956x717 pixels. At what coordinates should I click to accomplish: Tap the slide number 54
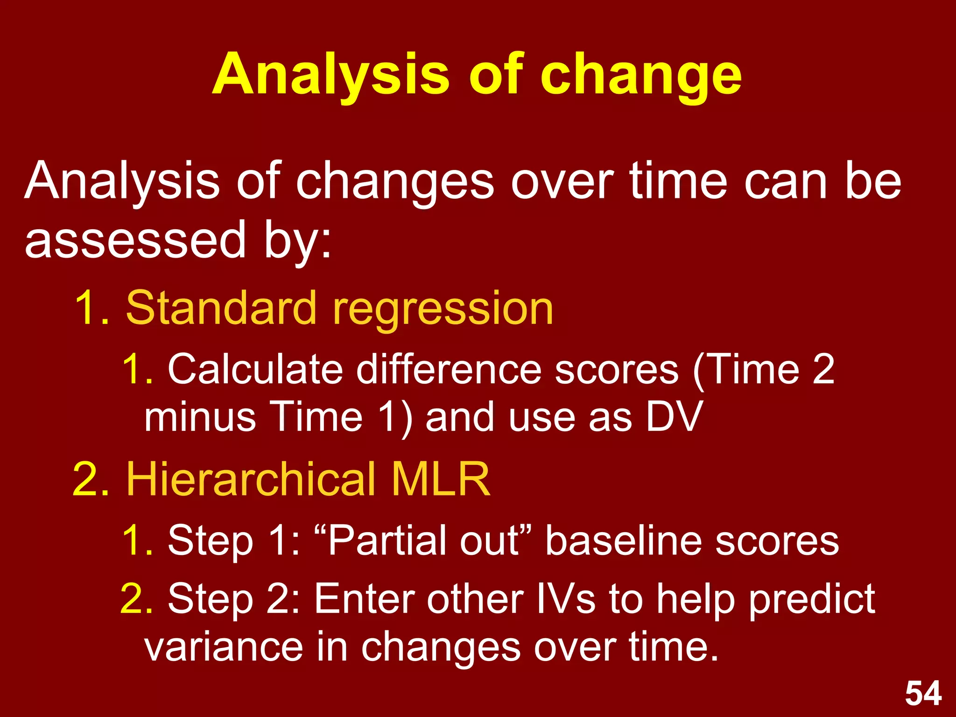pyautogui.click(x=923, y=693)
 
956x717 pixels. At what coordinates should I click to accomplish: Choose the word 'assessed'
pyautogui.click(x=135, y=240)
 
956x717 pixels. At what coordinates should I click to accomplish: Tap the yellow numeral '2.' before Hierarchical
pyautogui.click(x=91, y=479)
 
